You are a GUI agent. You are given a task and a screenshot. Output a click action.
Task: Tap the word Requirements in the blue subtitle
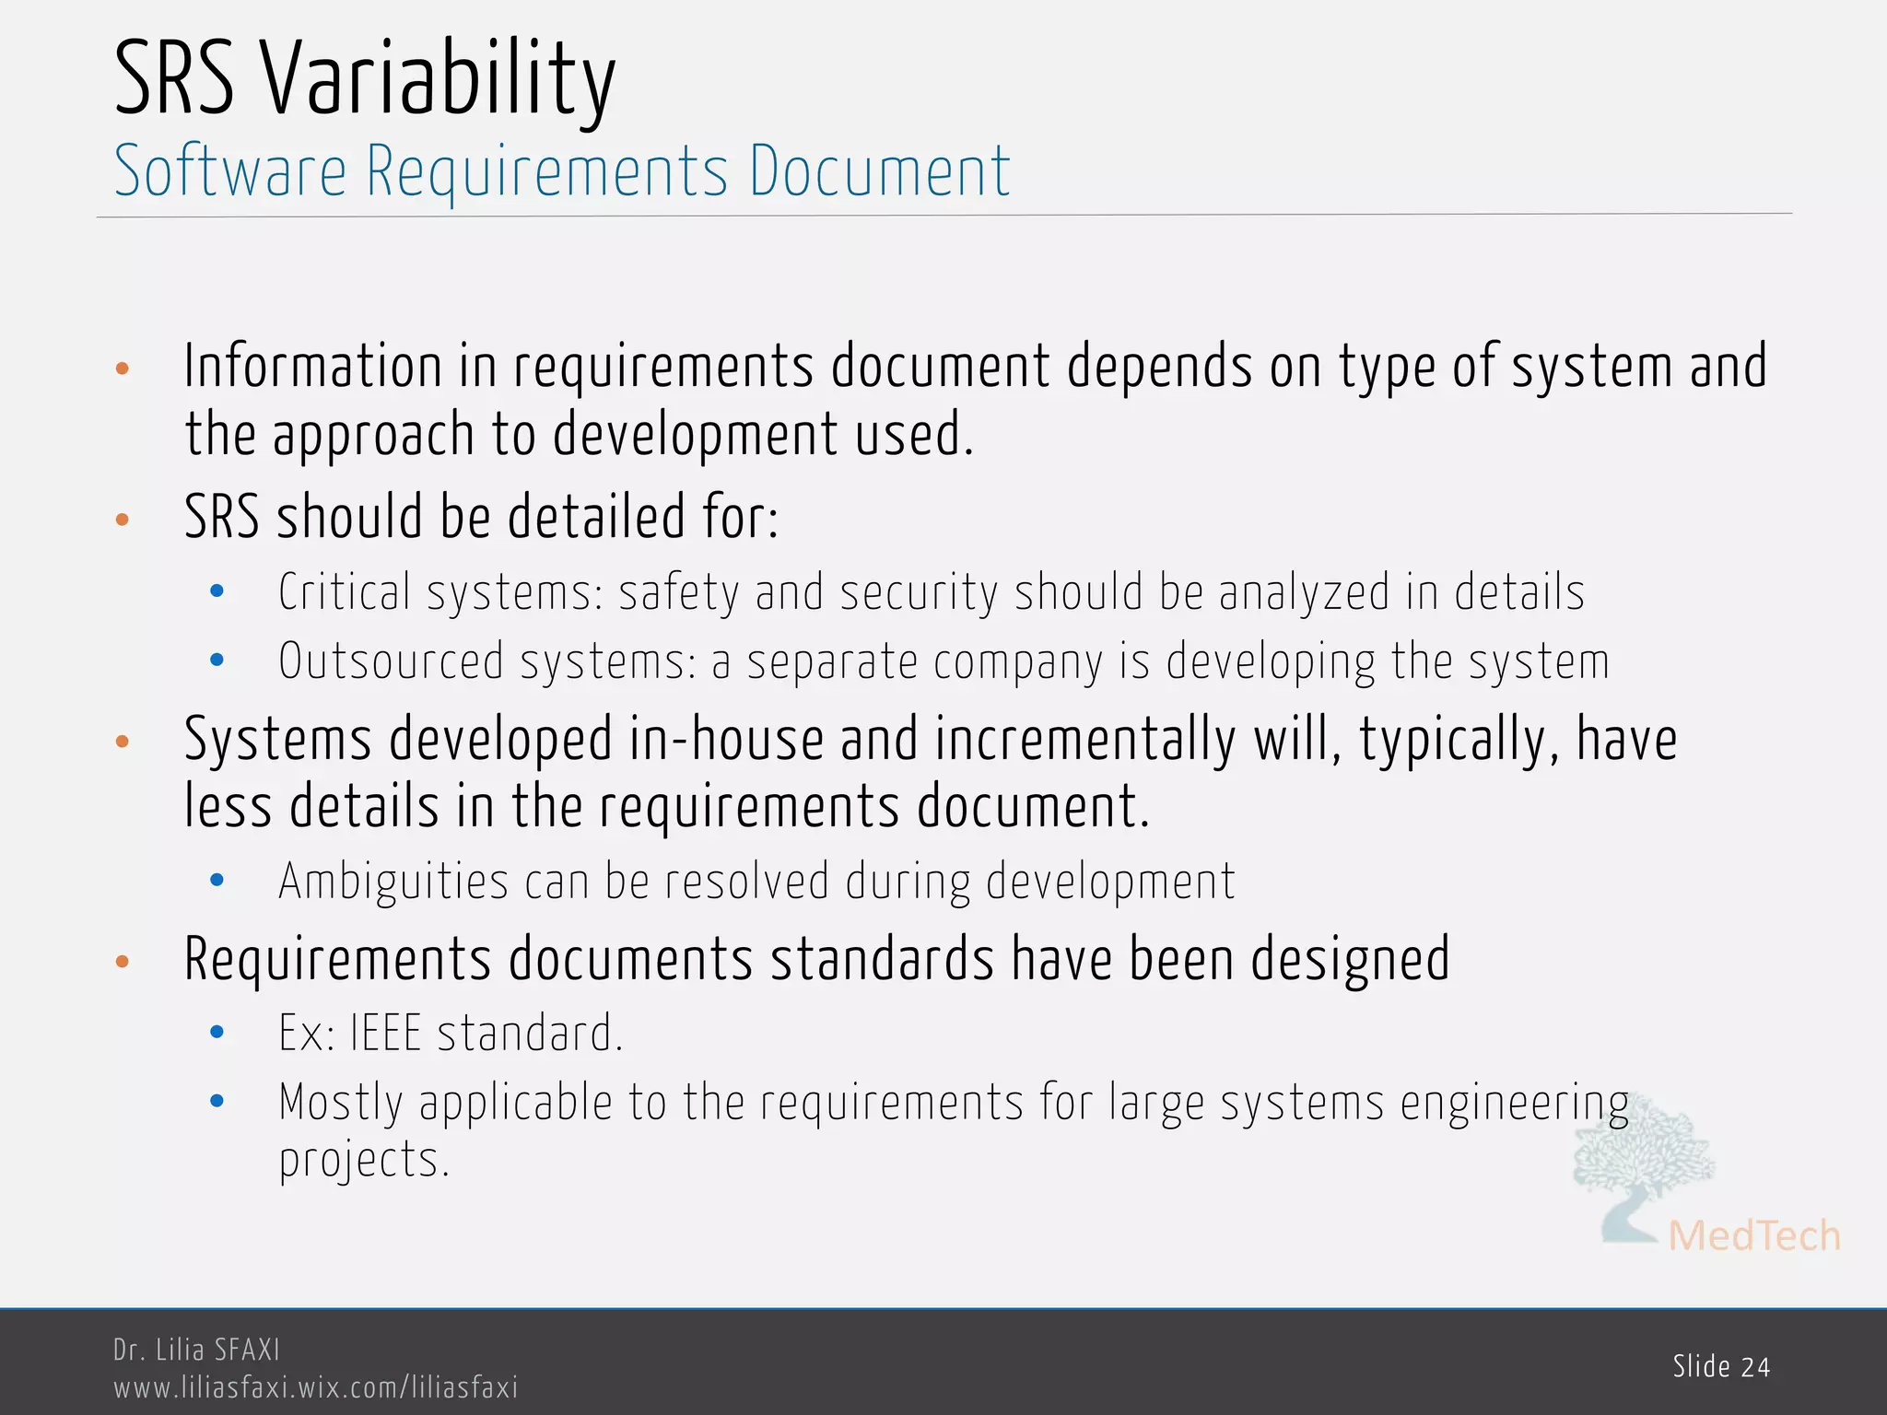click(547, 172)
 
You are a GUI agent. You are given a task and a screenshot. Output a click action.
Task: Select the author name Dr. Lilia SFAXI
click(196, 1350)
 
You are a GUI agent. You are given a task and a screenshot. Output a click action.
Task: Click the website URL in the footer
click(315, 1387)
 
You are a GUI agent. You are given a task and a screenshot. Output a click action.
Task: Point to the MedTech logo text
click(1754, 1236)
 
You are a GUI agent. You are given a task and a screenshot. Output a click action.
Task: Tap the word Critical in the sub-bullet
click(345, 592)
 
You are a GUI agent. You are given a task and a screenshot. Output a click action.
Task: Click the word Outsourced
click(391, 661)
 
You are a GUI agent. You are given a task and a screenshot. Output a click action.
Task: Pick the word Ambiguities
click(393, 882)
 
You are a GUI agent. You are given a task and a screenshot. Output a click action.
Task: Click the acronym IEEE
click(385, 1033)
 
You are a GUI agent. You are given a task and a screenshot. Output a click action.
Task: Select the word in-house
click(726, 740)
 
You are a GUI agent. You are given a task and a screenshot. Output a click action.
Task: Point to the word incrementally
click(1084, 740)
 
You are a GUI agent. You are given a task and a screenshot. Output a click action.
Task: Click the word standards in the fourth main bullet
click(882, 959)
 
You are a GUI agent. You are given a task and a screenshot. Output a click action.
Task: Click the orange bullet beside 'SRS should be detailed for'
click(123, 520)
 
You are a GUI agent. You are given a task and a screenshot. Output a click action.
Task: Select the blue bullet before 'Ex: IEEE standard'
click(217, 1033)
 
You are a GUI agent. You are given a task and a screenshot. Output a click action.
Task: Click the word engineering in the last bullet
click(1515, 1104)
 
